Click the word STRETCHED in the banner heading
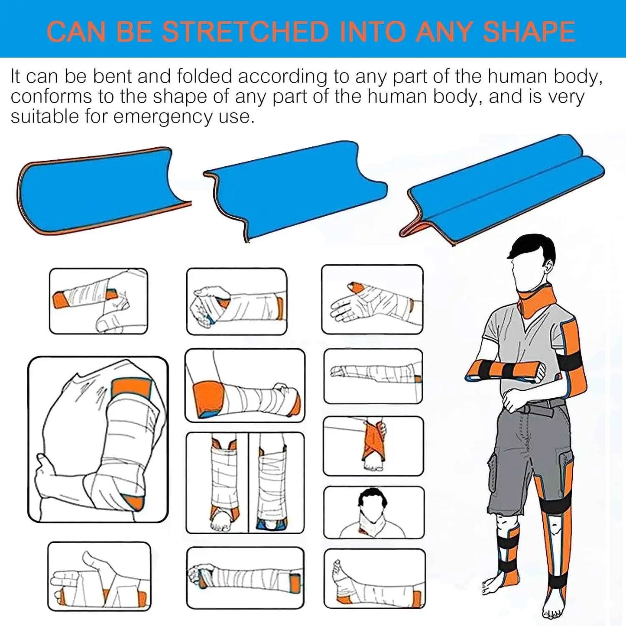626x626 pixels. click(x=245, y=32)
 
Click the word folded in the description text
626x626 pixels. click(x=204, y=77)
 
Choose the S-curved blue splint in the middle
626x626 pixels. click(x=295, y=191)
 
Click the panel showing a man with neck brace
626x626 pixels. click(x=373, y=512)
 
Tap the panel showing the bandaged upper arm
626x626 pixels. click(x=98, y=439)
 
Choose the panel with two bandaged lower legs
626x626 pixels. click(x=245, y=483)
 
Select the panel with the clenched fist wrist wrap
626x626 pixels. click(x=237, y=302)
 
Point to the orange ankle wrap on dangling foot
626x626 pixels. click(x=373, y=442)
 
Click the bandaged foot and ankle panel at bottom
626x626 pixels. click(x=374, y=579)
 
